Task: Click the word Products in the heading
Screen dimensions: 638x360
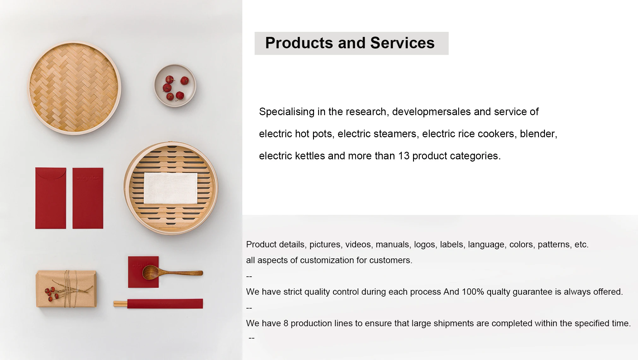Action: pos(299,43)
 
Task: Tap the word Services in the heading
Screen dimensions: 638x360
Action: pos(402,43)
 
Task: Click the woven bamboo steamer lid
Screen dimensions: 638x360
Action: pos(74,88)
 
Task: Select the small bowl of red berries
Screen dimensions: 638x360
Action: pos(175,86)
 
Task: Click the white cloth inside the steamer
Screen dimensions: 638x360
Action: pos(171,188)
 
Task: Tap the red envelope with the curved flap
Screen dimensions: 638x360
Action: pos(50,198)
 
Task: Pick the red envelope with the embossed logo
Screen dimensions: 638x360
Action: pos(88,198)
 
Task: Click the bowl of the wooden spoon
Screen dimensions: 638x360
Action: pos(151,272)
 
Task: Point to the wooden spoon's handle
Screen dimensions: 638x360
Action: pos(181,273)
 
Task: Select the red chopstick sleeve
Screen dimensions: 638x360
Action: pos(165,304)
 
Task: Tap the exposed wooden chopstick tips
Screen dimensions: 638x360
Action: pos(120,304)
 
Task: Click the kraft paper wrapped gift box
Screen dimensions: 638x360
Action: pos(66,289)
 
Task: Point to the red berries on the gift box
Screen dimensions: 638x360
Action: pos(51,293)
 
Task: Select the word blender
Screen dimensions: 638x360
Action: pos(538,134)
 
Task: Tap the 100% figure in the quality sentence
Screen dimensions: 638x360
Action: pos(473,292)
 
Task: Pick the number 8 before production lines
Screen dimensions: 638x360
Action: pos(286,323)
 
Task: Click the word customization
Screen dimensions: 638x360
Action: pos(327,260)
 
